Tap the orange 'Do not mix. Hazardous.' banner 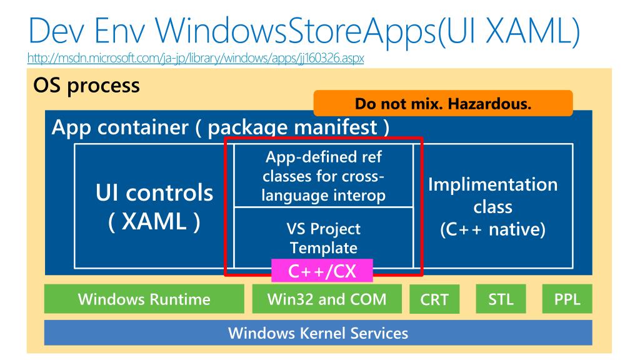(442, 103)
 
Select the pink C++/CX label (322, 271)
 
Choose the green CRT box (434, 300)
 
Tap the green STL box (501, 299)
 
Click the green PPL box (566, 299)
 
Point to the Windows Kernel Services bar (318, 332)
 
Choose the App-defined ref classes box (323, 176)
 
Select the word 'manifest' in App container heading (336, 129)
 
